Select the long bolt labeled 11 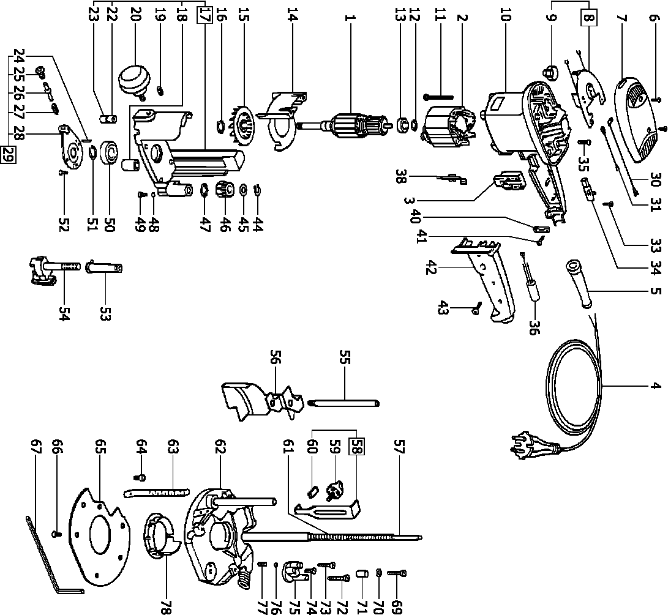437,96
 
